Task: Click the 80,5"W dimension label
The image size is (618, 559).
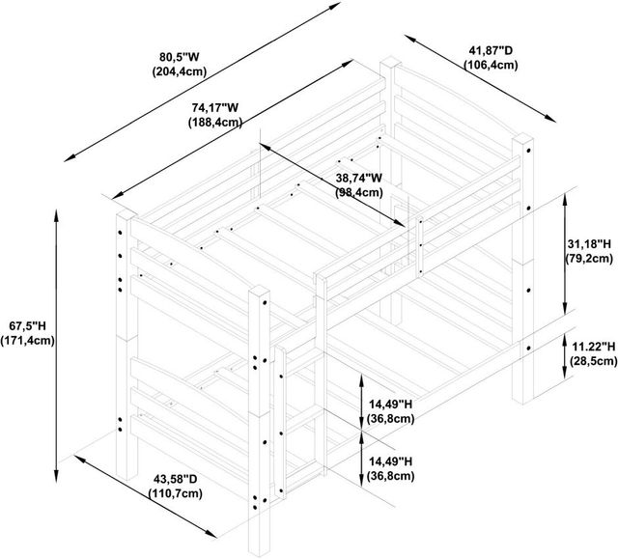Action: tap(180, 57)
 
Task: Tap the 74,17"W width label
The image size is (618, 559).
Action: tap(215, 107)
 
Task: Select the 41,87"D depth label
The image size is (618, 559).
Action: tap(491, 50)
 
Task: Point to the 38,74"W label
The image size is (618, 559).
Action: tap(359, 178)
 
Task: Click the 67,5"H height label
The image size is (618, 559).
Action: tap(28, 325)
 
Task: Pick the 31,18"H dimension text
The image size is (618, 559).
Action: tap(589, 244)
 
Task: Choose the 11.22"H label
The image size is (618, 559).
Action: tap(594, 347)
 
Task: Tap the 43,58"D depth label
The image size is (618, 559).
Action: tap(176, 479)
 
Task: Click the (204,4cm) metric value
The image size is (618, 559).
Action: tap(180, 71)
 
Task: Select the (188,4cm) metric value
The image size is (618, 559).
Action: tap(215, 122)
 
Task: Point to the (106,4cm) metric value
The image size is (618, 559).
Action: tap(491, 65)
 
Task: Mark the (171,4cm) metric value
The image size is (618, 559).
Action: tap(28, 341)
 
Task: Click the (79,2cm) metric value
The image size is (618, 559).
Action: tap(589, 259)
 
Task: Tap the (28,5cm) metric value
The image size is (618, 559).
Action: tap(594, 361)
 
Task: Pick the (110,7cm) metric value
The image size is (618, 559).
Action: tap(176, 493)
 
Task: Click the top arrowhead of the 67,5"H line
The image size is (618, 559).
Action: tap(57, 214)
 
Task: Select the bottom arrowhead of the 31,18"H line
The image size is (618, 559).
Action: tap(564, 308)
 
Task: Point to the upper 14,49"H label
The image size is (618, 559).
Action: tap(390, 405)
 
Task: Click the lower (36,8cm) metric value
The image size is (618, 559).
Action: tap(390, 476)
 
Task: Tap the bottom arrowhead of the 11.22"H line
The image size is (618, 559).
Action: tap(564, 373)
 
